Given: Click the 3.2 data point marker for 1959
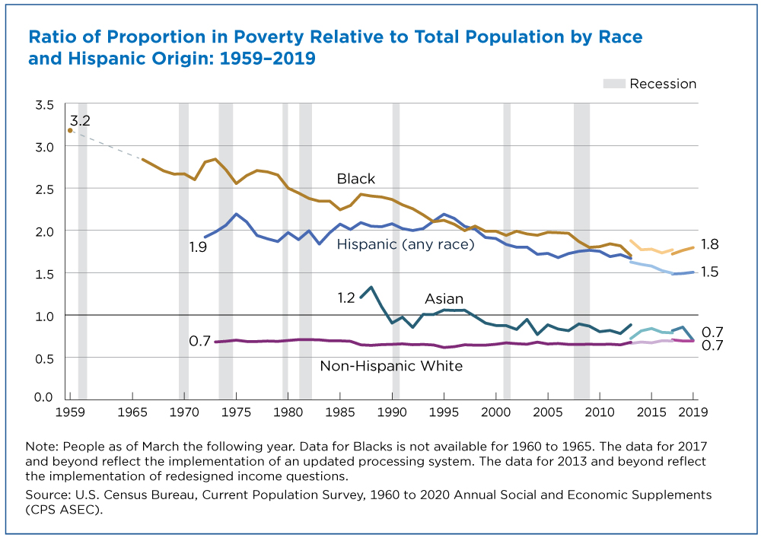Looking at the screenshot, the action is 70,130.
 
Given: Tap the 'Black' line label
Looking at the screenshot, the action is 355,179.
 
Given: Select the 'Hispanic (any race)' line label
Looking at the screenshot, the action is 406,243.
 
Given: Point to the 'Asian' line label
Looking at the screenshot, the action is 444,298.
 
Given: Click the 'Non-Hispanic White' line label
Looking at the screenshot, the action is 391,365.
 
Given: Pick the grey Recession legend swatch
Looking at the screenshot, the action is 614,84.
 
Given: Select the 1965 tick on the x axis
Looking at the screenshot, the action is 132,412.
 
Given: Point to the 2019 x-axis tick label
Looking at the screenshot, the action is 693,412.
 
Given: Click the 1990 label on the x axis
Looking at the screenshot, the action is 392,412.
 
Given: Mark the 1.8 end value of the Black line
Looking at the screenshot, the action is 710,244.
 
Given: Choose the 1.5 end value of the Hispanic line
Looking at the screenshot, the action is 710,272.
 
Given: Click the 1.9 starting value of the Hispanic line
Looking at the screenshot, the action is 198,247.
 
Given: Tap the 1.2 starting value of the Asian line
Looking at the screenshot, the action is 346,298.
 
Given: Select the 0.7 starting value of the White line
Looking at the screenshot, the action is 200,341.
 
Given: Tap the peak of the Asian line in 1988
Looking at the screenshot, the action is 371,287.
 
